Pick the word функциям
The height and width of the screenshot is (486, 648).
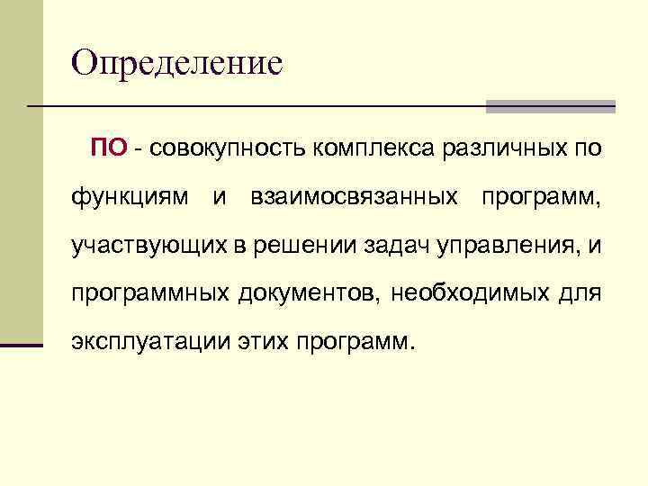[130, 196]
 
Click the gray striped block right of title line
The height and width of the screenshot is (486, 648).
[550, 106]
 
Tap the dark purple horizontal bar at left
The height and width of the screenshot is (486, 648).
[22, 345]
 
